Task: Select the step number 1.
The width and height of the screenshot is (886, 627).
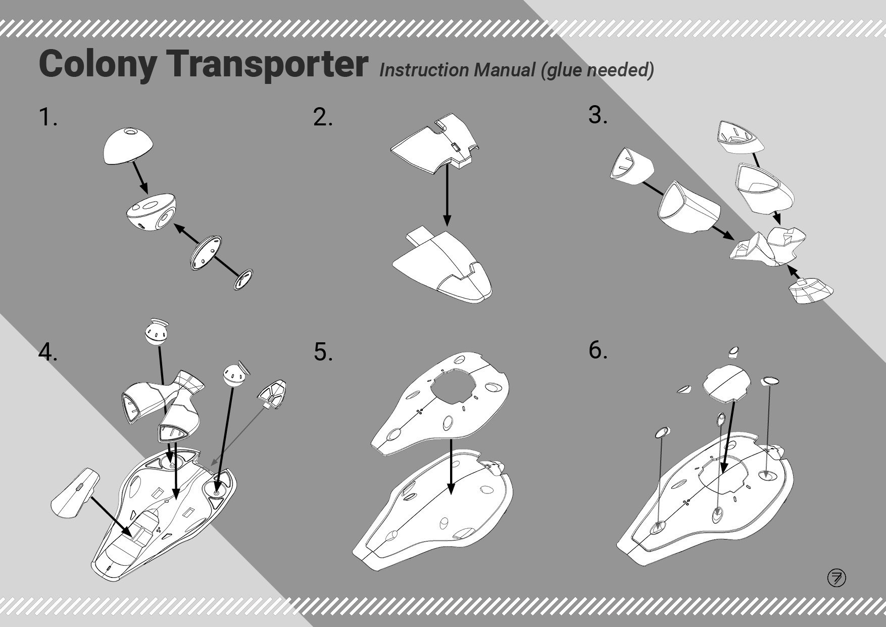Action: click(47, 117)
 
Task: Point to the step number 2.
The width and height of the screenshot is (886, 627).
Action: click(323, 117)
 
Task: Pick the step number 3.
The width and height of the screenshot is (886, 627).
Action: click(598, 115)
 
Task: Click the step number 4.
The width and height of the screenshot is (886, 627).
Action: click(48, 352)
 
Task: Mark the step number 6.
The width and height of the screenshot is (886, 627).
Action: click(598, 350)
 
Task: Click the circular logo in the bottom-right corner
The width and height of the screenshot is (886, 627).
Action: click(836, 577)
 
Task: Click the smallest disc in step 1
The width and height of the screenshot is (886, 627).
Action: click(243, 280)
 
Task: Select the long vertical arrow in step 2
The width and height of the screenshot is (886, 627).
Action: click(447, 194)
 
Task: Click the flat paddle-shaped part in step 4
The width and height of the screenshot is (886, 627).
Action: click(76, 493)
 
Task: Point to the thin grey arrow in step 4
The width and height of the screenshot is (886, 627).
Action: click(237, 436)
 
